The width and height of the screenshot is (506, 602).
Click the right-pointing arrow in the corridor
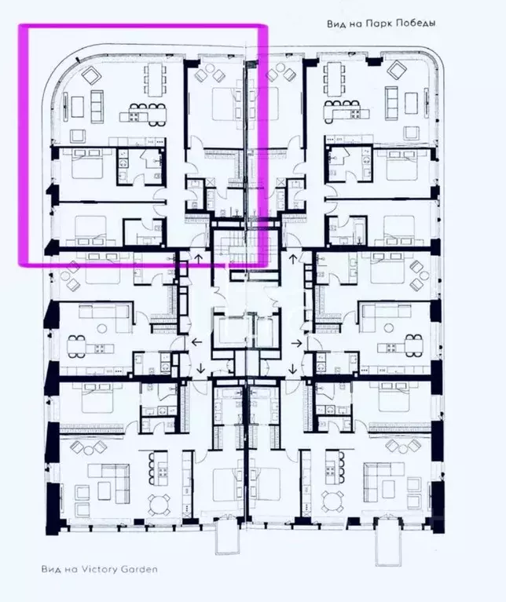click(299, 344)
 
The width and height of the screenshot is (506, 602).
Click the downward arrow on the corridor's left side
click(201, 369)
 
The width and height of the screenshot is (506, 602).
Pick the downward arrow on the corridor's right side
click(290, 369)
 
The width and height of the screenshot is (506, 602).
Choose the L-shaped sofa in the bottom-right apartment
click(383, 476)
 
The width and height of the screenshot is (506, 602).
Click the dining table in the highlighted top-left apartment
click(155, 80)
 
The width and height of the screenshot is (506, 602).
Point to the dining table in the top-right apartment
click(335, 80)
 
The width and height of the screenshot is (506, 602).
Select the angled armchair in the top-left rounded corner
click(90, 75)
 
